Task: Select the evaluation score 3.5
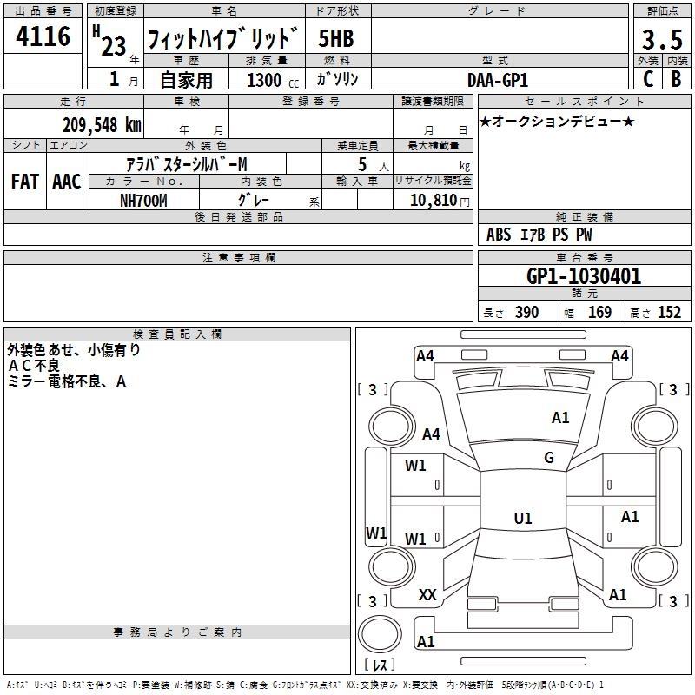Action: tap(661, 40)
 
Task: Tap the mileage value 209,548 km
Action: tap(102, 124)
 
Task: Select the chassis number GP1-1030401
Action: tap(584, 277)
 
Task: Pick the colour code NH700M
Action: tap(143, 200)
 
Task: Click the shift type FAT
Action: tap(24, 182)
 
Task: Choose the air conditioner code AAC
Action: tap(66, 182)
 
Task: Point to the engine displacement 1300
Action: tap(264, 80)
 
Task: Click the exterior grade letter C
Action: tap(647, 79)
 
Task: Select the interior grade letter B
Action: tap(676, 79)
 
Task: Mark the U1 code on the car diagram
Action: tap(523, 519)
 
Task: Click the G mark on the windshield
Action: tap(548, 458)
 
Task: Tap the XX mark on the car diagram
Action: tap(427, 595)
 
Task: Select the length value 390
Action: tap(526, 313)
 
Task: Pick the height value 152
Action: tap(669, 313)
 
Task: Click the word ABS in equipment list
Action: tap(499, 235)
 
